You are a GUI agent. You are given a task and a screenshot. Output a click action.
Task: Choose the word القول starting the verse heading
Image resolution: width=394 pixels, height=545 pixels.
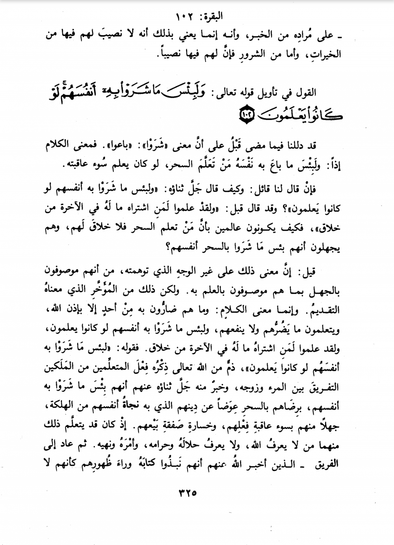tap(306, 93)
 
